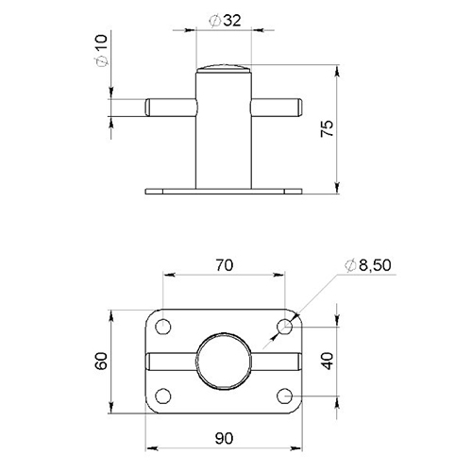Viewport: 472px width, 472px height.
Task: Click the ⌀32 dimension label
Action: pos(225,21)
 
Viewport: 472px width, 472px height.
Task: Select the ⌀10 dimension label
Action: pos(102,50)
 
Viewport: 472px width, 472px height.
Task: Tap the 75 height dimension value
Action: pos(327,128)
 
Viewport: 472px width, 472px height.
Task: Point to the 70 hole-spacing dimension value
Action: pos(225,265)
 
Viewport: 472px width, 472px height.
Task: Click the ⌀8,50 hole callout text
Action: pos(368,265)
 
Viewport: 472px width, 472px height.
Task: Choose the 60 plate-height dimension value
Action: pos(102,361)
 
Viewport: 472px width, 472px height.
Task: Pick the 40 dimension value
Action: pos(328,361)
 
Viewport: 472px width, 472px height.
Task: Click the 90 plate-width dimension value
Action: pos(225,438)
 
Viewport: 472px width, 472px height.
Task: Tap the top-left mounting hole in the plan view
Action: pos(163,327)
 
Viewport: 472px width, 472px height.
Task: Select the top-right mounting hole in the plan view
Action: pos(285,327)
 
